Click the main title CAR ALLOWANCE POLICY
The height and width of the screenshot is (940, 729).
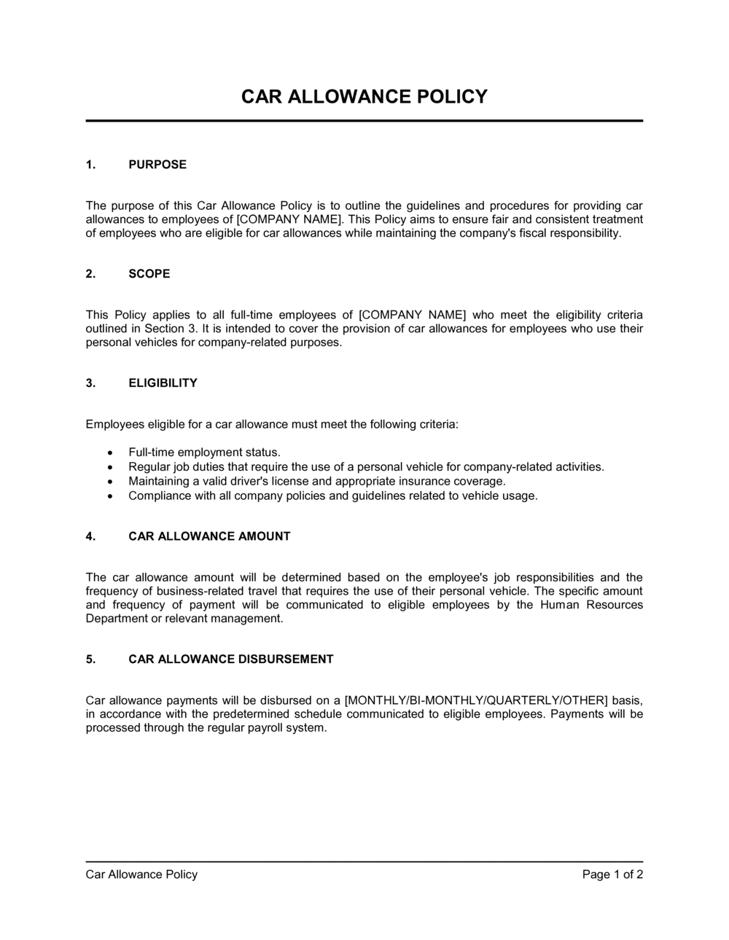[x=364, y=97]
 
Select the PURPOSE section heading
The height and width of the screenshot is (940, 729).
[x=157, y=165]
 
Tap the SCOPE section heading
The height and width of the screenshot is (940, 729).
[x=149, y=274]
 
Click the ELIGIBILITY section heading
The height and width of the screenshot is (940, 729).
[x=163, y=383]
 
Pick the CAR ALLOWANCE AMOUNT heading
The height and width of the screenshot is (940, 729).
[x=209, y=536]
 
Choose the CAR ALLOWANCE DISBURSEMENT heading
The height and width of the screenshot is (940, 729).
[x=231, y=659]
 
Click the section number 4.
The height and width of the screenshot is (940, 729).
[x=90, y=536]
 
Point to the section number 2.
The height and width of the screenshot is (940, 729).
[x=90, y=274]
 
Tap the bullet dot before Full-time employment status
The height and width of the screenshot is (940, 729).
[x=110, y=453]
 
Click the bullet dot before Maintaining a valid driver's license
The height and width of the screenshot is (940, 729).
[x=110, y=482]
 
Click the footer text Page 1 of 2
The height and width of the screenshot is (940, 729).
[x=612, y=874]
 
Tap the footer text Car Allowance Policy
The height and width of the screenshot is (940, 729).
[x=141, y=874]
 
